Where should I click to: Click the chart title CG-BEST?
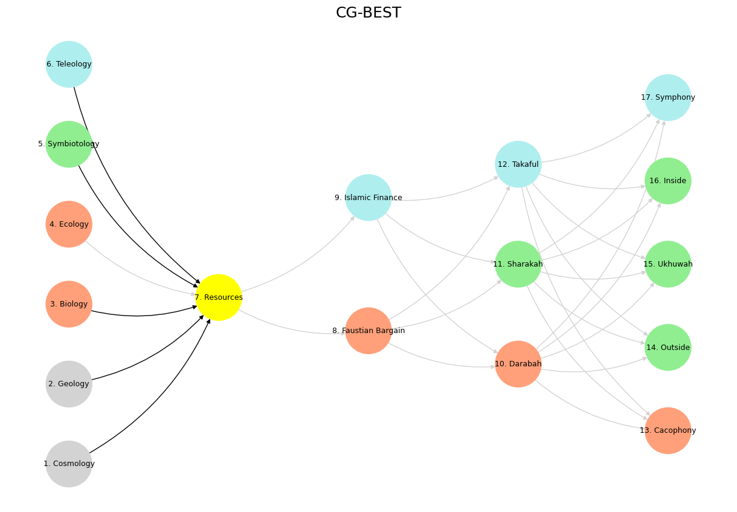click(368, 13)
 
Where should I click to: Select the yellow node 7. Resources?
click(219, 297)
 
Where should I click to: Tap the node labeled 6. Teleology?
click(69, 64)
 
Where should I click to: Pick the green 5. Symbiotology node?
click(69, 144)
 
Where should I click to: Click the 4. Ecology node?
click(69, 224)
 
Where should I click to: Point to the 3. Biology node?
click(69, 304)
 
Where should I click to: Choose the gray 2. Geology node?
click(69, 384)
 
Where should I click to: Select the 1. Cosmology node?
click(69, 464)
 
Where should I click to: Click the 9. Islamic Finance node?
click(368, 198)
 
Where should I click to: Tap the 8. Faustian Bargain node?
click(368, 331)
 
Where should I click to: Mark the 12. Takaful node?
click(518, 164)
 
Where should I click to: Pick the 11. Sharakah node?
click(518, 264)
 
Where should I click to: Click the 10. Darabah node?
click(518, 364)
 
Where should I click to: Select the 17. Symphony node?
click(668, 97)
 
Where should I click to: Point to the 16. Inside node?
click(668, 181)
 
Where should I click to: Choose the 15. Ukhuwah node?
click(668, 264)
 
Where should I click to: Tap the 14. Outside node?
click(668, 348)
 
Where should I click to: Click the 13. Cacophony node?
click(668, 430)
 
